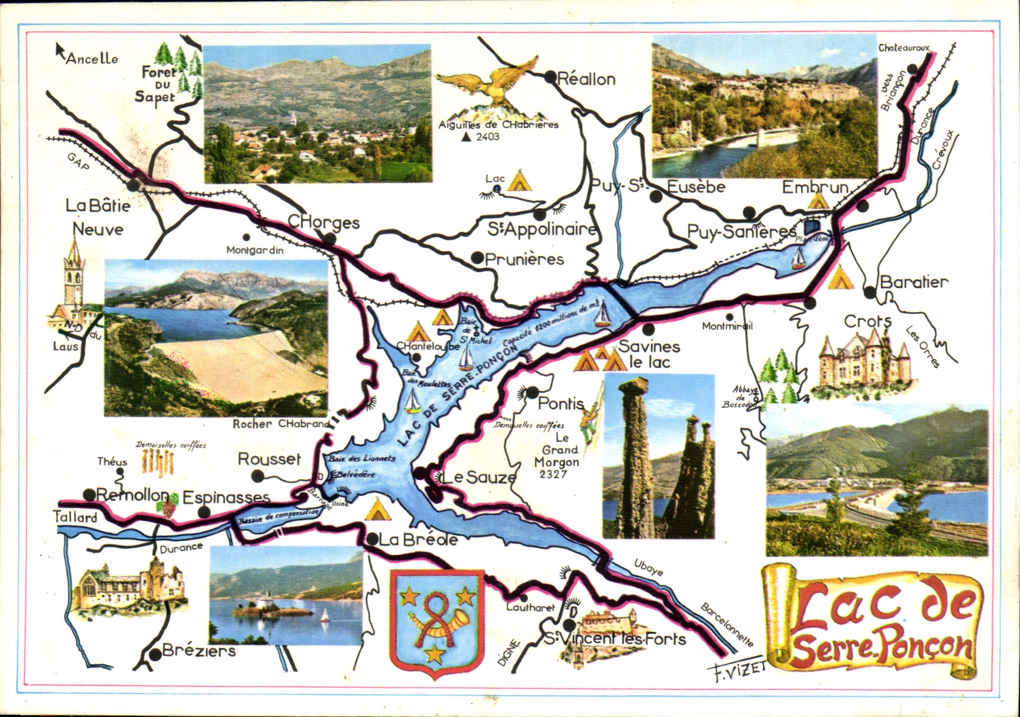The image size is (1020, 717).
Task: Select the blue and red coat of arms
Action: [437, 623]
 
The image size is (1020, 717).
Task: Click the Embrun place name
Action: [815, 187]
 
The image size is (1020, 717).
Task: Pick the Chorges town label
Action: [323, 222]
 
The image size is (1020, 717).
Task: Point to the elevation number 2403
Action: [487, 137]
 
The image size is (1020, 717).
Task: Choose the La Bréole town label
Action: [418, 539]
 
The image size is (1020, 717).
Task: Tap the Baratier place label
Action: [913, 282]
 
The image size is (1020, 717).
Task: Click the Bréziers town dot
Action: [154, 653]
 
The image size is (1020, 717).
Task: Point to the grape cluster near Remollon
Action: [170, 506]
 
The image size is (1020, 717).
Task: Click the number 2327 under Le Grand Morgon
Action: [552, 474]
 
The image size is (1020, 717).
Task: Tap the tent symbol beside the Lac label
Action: [519, 181]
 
